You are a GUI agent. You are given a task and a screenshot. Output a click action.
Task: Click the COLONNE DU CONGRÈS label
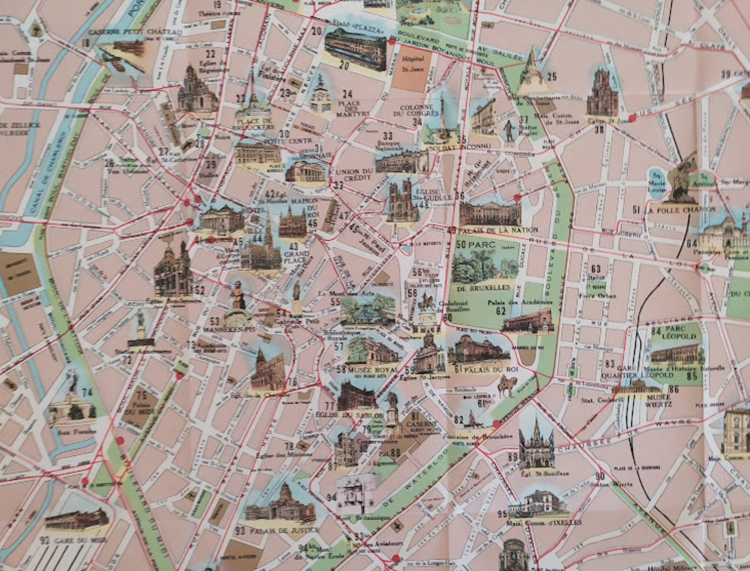coord(424,111)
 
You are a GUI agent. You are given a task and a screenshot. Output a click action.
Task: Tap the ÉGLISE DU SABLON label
coord(349,416)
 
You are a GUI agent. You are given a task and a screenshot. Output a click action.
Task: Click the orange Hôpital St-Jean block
coord(412,72)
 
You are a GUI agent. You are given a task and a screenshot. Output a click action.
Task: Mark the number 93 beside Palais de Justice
coord(240,531)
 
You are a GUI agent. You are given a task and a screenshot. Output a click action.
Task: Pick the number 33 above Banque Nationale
coord(388,136)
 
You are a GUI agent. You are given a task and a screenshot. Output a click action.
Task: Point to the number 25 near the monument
coord(552,77)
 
